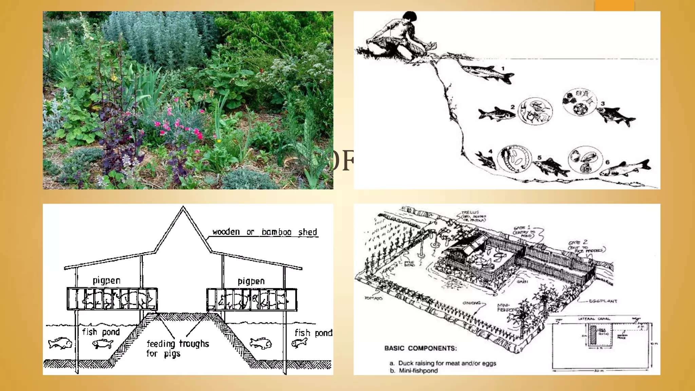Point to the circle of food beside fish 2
click(536, 111)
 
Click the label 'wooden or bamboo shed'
click(265, 232)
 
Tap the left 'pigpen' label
click(107, 281)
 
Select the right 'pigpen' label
click(251, 281)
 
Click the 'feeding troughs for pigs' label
click(177, 348)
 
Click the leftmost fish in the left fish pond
click(60, 343)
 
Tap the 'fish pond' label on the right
click(313, 333)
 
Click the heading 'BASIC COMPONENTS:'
click(420, 348)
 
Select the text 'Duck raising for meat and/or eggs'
click(447, 363)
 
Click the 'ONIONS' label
click(472, 303)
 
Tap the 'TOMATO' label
click(373, 298)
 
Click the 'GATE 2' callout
click(578, 242)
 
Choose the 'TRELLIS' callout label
click(470, 212)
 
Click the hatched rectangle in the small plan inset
click(593, 336)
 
